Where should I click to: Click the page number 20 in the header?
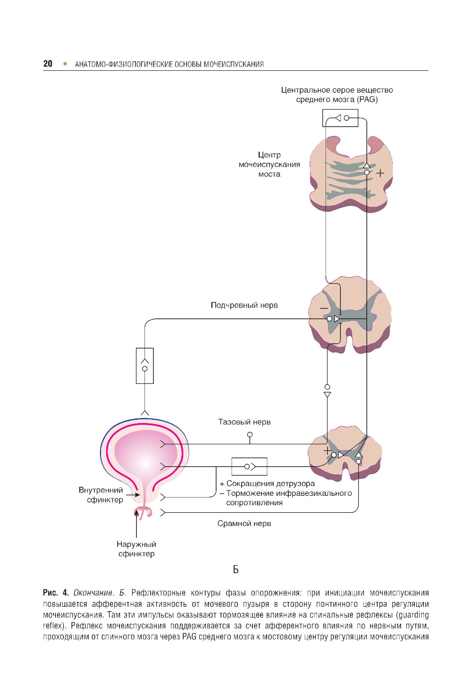[48, 64]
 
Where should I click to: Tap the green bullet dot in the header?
[65, 64]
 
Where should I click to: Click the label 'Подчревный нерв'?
[244, 305]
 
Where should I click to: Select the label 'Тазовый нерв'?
[244, 422]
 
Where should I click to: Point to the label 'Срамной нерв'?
[244, 523]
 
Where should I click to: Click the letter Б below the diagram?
[236, 569]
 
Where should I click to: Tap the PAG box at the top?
[340, 118]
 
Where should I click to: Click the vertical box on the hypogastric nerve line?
[144, 365]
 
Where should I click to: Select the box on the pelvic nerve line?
[249, 466]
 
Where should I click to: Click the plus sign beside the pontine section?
[380, 173]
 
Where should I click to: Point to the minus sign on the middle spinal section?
[324, 308]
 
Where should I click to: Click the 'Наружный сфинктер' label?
[136, 549]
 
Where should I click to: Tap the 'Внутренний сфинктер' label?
[101, 495]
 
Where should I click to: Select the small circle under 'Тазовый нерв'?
[250, 434]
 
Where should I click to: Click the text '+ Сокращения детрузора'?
[267, 483]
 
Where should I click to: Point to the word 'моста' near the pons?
[269, 174]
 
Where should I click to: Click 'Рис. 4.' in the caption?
[56, 593]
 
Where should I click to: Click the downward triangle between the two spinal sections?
[327, 394]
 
